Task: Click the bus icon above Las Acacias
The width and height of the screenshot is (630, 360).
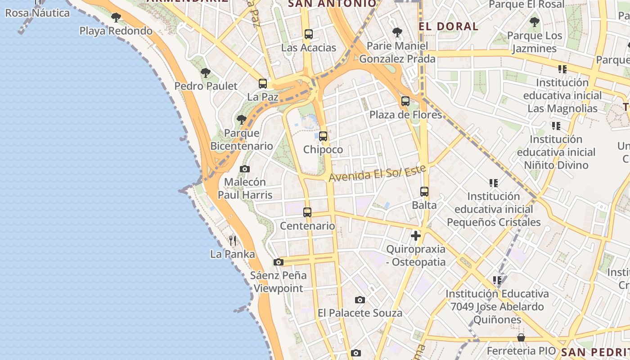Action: [308, 34]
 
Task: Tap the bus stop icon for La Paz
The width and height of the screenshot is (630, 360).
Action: [263, 83]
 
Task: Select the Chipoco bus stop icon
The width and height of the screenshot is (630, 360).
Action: [323, 136]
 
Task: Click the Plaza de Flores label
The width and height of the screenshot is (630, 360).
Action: [405, 115]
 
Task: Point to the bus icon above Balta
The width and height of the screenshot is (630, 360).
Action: [424, 192]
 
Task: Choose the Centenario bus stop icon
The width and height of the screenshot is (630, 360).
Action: [307, 212]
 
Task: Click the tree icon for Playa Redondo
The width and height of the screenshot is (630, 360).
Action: [116, 18]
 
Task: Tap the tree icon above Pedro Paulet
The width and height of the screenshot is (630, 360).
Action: [206, 73]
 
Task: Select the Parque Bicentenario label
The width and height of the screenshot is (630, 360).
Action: [242, 139]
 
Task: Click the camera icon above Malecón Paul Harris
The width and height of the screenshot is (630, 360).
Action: [245, 169]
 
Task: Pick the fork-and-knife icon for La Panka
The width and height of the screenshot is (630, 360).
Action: [233, 241]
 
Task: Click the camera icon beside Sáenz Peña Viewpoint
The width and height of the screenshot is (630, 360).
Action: [279, 262]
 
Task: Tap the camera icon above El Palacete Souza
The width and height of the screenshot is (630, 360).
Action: [360, 300]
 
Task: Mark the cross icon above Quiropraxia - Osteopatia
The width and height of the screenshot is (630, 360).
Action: [416, 235]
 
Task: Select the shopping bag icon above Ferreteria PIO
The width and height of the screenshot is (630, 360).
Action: [521, 337]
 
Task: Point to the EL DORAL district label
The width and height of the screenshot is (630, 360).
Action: [448, 26]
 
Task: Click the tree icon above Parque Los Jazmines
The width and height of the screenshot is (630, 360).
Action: [535, 22]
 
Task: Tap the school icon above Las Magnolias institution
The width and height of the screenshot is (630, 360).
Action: [562, 69]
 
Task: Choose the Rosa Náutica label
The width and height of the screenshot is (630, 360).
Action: [37, 13]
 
